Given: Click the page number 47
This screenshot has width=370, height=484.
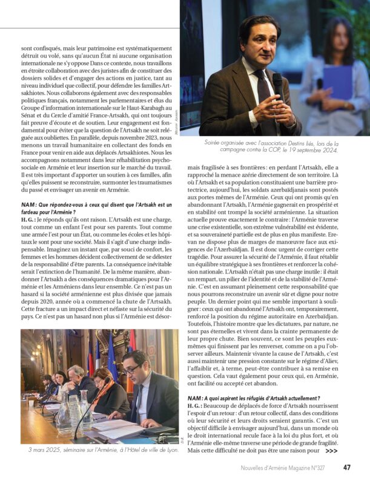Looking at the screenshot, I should click(x=347, y=467).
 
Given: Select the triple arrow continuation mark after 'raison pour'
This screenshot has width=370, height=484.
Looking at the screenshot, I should click(x=331, y=451).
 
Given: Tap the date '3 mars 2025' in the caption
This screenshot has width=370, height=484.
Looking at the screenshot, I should click(x=43, y=450).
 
